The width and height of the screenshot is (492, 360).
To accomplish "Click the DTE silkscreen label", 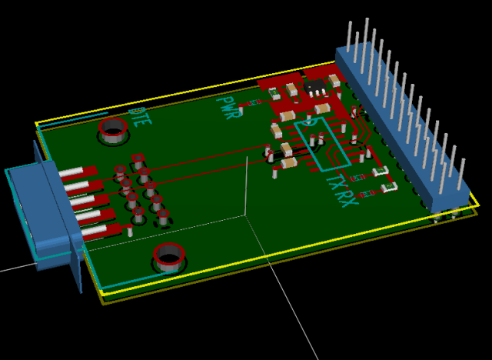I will (x=139, y=116).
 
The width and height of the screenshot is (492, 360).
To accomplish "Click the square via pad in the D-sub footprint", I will (x=138, y=160).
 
